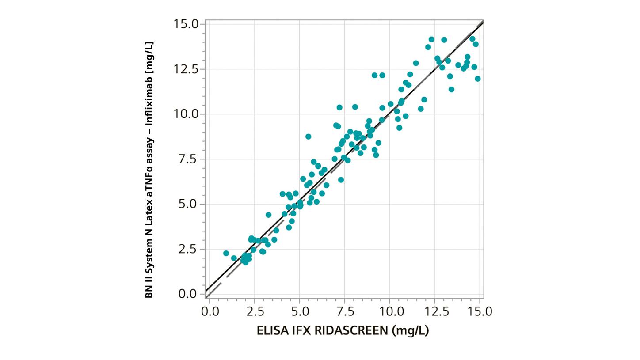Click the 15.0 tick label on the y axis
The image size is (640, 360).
(x=186, y=24)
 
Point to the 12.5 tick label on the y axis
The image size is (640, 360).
(x=186, y=69)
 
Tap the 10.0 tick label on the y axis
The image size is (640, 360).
(x=186, y=114)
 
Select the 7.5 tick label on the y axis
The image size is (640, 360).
(x=189, y=159)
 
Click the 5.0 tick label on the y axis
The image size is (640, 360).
(x=189, y=204)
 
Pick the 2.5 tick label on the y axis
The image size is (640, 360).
(x=189, y=249)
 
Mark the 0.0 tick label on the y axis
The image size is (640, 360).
(x=189, y=294)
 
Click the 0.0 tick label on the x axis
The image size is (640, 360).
(x=210, y=312)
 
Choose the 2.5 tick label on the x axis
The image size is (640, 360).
(x=255, y=312)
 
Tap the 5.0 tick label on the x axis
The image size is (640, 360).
(x=300, y=312)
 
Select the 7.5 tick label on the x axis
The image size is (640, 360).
(x=345, y=312)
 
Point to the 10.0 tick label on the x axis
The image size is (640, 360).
(x=390, y=312)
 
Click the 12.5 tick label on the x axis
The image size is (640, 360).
(x=435, y=312)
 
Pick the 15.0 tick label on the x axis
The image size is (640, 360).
(x=480, y=312)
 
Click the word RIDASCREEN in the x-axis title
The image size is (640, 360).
(x=351, y=331)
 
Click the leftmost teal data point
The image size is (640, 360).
(x=226, y=254)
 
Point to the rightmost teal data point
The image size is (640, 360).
(x=478, y=79)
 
